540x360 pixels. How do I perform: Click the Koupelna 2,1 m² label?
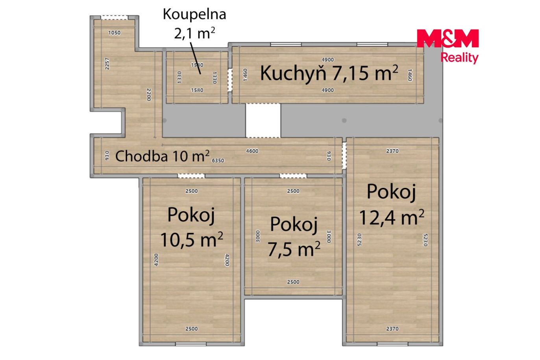click(x=194, y=24)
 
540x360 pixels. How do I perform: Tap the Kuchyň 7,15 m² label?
click(x=329, y=73)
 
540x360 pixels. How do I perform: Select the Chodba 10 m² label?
click(x=162, y=156)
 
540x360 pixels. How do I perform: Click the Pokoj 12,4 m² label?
click(x=392, y=204)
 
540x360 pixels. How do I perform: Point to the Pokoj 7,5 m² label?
click(x=294, y=237)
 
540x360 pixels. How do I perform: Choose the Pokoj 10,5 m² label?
click(x=192, y=227)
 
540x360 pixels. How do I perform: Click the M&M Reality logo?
click(x=448, y=46)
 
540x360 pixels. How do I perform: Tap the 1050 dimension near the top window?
click(x=114, y=33)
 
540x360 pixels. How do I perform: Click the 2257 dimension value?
click(x=107, y=64)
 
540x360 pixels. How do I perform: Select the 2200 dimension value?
click(x=149, y=95)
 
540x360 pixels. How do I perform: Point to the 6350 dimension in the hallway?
click(x=218, y=161)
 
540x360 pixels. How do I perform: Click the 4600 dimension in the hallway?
click(x=252, y=151)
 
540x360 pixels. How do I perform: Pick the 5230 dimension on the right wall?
click(x=425, y=240)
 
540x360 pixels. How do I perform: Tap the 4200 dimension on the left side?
click(x=156, y=260)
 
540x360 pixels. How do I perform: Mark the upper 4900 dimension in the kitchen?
click(x=327, y=59)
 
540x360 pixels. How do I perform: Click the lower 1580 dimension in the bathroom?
click(x=197, y=90)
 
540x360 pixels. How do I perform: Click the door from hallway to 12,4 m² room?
click(x=344, y=156)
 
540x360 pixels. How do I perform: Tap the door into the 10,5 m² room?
click(x=191, y=176)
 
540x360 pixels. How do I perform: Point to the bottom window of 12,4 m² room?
click(x=392, y=344)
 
